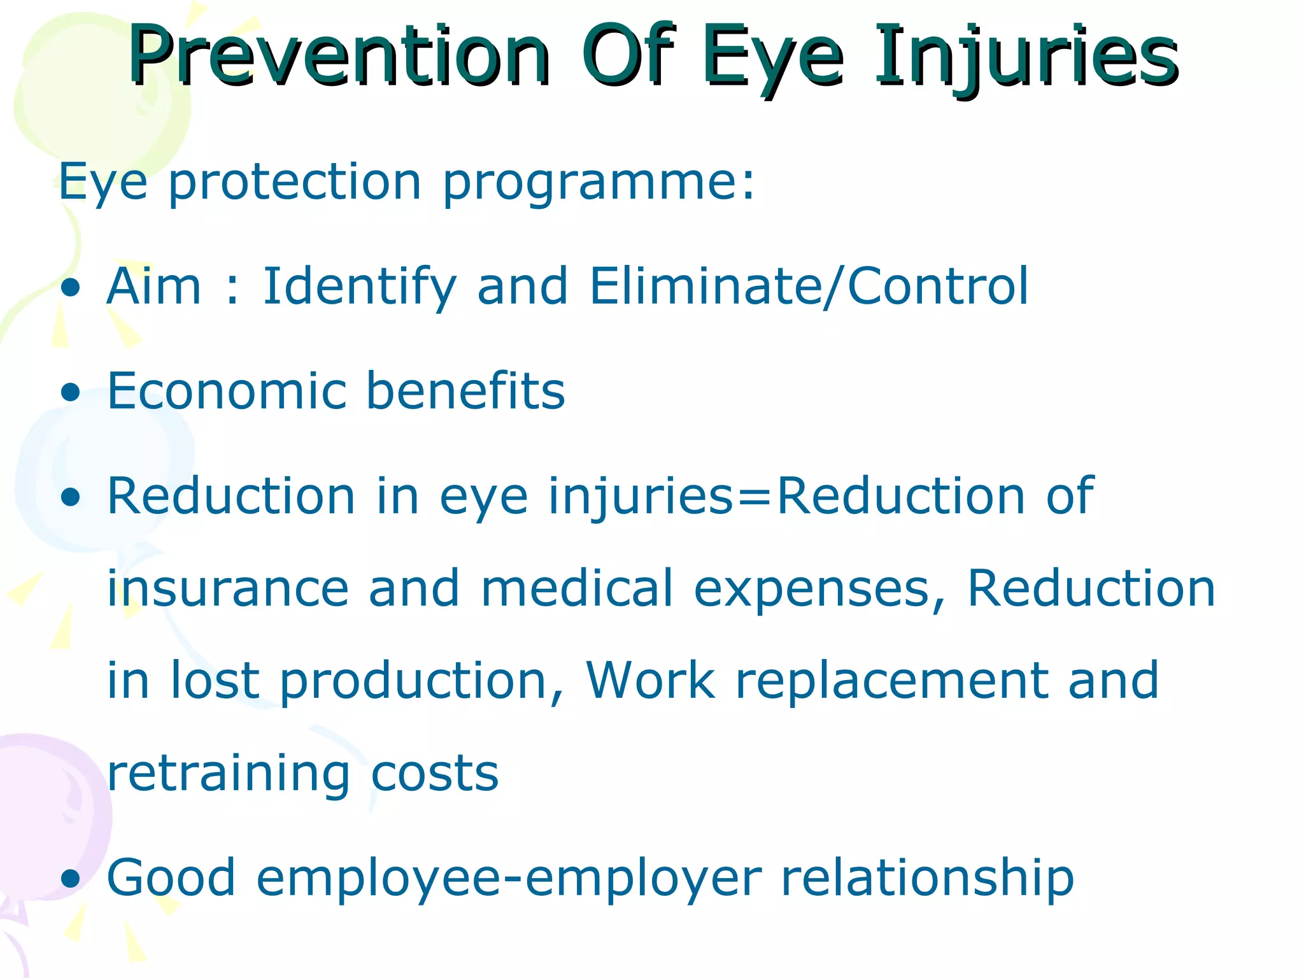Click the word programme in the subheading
point(589,183)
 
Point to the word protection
point(295,183)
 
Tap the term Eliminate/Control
point(809,287)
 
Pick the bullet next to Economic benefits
point(71,392)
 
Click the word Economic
point(227,391)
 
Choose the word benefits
point(465,391)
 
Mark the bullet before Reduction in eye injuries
point(71,497)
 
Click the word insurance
point(228,588)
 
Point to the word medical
point(576,588)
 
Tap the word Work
point(651,681)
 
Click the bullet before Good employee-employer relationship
point(71,879)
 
